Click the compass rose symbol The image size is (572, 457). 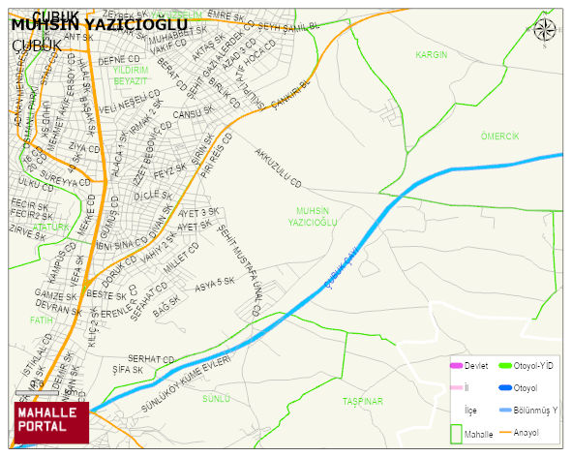coord(545,29)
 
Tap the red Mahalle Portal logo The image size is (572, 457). coord(50,420)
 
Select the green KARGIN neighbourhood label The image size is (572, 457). coord(432,55)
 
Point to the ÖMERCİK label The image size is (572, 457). coord(499,137)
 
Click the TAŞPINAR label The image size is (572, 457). coord(363,401)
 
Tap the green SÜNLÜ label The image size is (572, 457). coord(215,398)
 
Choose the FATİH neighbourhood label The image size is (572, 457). coord(42,319)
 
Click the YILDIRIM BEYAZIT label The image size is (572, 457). coord(131,76)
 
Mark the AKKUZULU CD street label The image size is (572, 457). coord(279,168)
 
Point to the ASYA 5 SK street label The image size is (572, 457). coord(215,283)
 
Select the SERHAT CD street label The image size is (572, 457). coord(150,358)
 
